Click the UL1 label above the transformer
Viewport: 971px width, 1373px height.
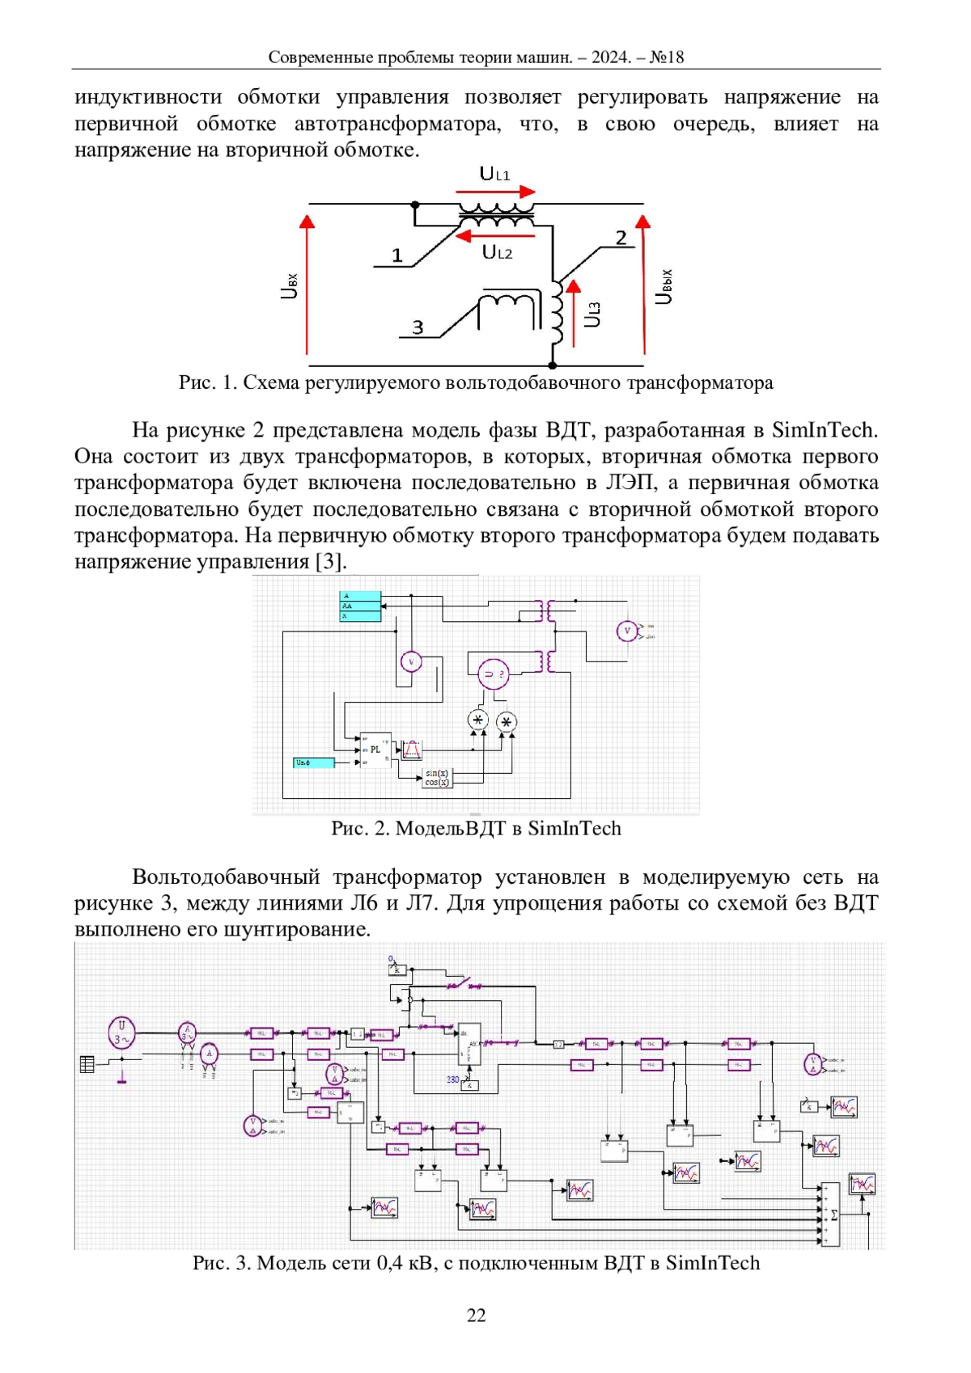(x=494, y=174)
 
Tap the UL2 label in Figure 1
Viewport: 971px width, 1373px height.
(x=497, y=252)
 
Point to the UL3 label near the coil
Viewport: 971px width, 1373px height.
(x=593, y=314)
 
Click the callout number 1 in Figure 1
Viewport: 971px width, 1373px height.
(x=396, y=256)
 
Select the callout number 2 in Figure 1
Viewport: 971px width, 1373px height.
(x=621, y=238)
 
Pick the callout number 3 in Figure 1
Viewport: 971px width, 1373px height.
(x=418, y=327)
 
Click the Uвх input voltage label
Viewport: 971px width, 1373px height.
(x=290, y=285)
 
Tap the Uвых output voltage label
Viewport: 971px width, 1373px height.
(x=664, y=286)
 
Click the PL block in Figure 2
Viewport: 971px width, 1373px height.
(x=375, y=750)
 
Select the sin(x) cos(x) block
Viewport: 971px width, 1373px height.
(x=437, y=778)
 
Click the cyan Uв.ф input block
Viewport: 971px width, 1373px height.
(x=313, y=763)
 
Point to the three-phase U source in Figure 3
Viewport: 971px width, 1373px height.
(x=121, y=1032)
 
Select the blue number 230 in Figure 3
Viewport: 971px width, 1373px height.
(x=453, y=1079)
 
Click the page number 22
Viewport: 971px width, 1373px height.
(x=476, y=1316)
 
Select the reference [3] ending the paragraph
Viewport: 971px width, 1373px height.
(x=330, y=561)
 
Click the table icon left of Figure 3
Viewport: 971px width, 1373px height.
(x=87, y=1064)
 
